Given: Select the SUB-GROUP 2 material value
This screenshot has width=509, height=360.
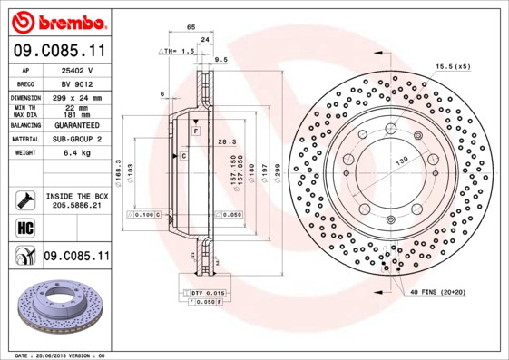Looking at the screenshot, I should point(73,139).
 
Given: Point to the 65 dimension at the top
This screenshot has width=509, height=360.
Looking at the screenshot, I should point(191,28).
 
